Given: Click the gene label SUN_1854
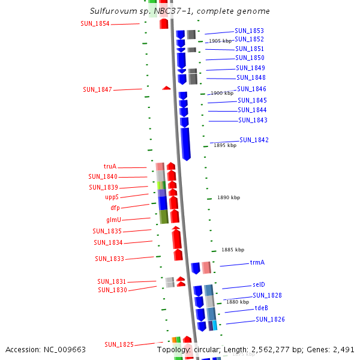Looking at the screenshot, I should tap(95, 23).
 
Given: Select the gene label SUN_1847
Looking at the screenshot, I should tap(97, 89).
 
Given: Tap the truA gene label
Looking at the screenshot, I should tap(110, 167).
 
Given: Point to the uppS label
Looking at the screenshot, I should tap(112, 197).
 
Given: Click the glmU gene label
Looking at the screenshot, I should tap(113, 220).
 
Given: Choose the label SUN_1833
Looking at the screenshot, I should tap(109, 259).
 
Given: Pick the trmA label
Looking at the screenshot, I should tap(257, 262).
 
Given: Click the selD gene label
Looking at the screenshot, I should tap(259, 284).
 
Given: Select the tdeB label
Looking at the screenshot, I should tap(261, 308).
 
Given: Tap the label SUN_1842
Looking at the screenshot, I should tap(254, 140).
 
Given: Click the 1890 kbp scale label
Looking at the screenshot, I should tap(228, 197).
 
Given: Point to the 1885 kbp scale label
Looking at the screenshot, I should tap(232, 250).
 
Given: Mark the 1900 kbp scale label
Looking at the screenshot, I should tap(221, 93).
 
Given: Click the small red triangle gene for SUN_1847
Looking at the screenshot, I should tap(166, 88).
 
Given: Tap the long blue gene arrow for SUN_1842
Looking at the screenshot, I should tap(185, 143).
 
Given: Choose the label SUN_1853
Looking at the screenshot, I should tap(249, 31).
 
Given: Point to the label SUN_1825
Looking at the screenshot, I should tap(119, 344).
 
